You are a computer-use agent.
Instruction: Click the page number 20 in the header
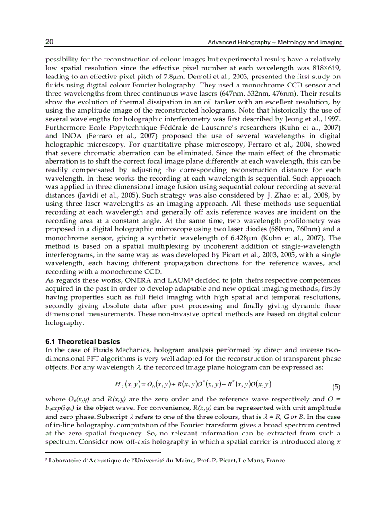pyautogui.click(x=49, y=42)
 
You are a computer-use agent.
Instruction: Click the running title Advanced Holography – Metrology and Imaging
pyautogui.click(x=275, y=43)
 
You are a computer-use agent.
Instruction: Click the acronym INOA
pyautogui.click(x=70, y=136)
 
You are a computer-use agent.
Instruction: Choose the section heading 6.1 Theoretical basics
pyautogui.click(x=82, y=341)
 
